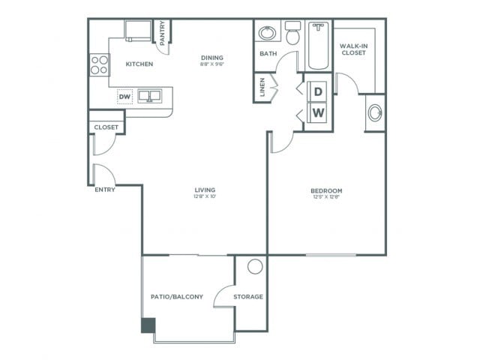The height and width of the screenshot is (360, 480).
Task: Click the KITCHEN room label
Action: pos(139,64)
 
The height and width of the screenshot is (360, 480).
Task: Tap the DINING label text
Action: pos(212,57)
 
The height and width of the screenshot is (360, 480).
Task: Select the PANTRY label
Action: pos(163,33)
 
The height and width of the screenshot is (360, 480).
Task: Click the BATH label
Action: pos(268,54)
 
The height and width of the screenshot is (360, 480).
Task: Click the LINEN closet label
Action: pos(262,88)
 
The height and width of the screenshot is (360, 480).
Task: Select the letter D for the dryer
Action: pos(318,91)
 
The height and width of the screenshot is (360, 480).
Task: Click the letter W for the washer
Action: pos(318,113)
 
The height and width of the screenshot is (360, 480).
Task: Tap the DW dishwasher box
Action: pos(124,96)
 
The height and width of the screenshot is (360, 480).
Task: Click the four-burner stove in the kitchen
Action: pos(99,65)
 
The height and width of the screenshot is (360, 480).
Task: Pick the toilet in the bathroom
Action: pos(292,33)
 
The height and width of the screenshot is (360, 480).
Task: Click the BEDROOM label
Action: pos(326,190)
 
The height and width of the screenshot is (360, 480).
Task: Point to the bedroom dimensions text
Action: pos(326,198)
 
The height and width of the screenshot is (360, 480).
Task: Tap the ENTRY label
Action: pos(105,190)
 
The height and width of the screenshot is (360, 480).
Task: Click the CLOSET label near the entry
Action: pos(106,127)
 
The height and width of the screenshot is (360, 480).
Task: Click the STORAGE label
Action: pos(248,297)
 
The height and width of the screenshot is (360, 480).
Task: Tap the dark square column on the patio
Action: pos(148,325)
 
